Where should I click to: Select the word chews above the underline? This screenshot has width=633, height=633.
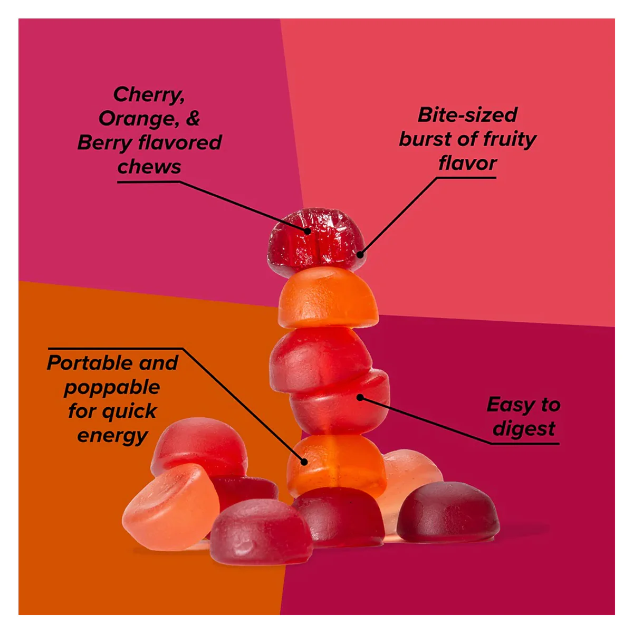(149, 167)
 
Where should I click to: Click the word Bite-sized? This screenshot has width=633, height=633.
(467, 115)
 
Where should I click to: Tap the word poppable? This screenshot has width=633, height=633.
(112, 388)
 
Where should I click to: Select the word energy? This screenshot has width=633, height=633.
(112, 436)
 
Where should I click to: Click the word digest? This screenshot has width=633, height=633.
(524, 429)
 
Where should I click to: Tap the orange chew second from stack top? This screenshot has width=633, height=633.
(328, 298)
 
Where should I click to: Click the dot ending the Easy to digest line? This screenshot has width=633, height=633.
(360, 398)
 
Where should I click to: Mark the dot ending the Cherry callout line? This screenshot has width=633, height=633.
(307, 231)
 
